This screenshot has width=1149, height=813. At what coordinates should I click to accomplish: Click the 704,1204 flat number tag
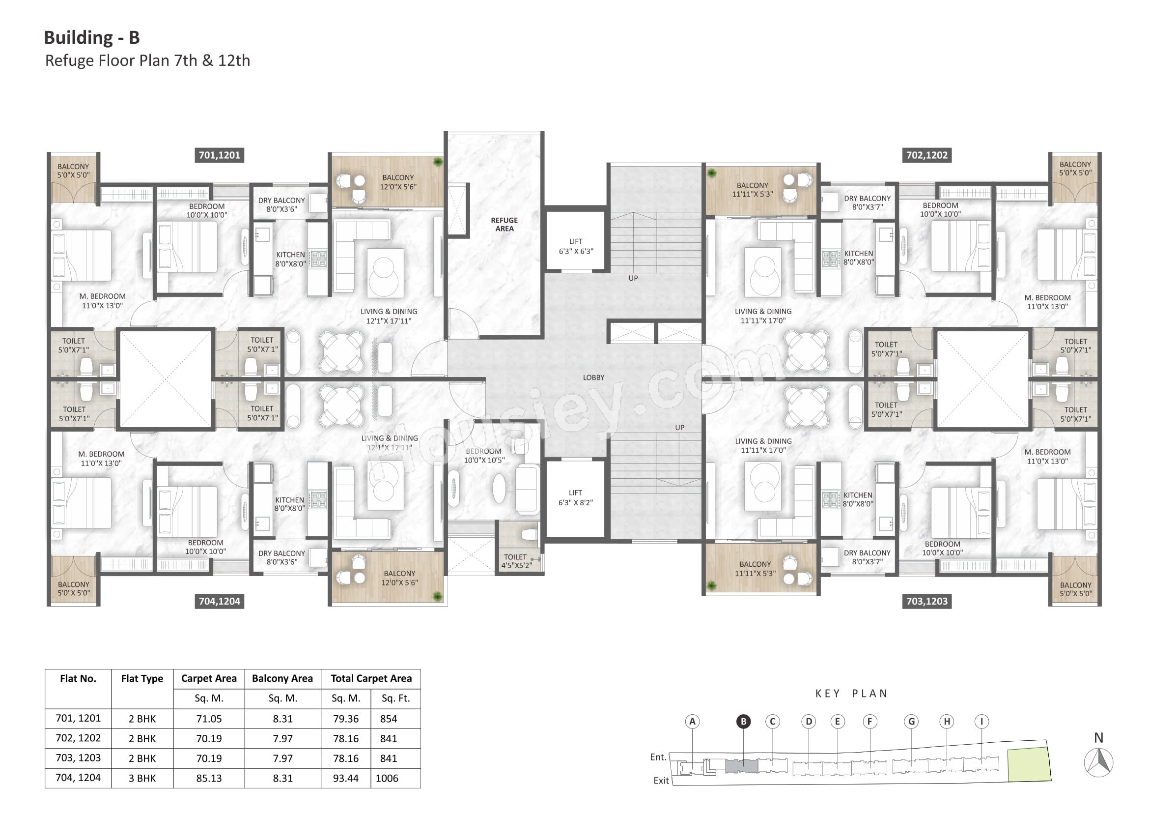point(219,601)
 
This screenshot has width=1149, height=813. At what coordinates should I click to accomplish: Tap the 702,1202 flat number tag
point(927,155)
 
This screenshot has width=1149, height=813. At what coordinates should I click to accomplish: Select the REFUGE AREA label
point(504,224)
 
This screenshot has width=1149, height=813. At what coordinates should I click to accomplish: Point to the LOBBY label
point(593,377)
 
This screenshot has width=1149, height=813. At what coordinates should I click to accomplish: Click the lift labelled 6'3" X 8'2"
point(576,497)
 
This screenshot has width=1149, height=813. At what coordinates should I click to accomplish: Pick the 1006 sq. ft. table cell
point(387,778)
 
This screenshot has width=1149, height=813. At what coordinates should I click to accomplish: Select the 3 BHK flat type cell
point(142,778)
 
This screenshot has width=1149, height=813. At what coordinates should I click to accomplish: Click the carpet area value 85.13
point(209,778)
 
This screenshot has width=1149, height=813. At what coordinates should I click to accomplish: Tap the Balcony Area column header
point(282,678)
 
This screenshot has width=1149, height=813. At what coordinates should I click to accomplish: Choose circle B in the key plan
point(743,722)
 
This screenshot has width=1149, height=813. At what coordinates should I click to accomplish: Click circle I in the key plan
point(981,722)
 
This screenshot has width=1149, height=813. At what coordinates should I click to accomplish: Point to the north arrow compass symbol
point(1098,763)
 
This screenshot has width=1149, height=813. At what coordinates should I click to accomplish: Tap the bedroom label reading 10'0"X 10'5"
point(484,456)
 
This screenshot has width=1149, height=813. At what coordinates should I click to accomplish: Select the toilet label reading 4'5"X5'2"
point(515,561)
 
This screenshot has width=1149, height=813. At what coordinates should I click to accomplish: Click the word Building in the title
point(79,37)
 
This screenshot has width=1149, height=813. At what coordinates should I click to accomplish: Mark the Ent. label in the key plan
point(658,757)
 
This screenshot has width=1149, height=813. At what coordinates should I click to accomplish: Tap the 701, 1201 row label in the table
point(78,719)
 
